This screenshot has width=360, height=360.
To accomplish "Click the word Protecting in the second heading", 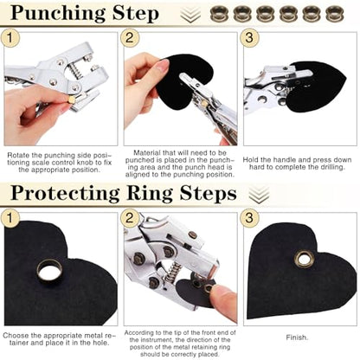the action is [65, 193].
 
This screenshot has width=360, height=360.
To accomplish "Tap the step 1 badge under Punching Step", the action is [10, 38].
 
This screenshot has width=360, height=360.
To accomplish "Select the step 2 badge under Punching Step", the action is [130, 38].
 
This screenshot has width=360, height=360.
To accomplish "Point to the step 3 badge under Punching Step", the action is [249, 38].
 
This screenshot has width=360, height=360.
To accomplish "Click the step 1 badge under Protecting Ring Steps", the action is [10, 218].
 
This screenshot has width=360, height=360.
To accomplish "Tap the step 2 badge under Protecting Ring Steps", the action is [130, 218].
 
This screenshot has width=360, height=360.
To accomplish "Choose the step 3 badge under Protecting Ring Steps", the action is [249, 218].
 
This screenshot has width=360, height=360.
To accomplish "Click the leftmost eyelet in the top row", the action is [219, 14].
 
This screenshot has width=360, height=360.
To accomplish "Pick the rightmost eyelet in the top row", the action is [335, 14].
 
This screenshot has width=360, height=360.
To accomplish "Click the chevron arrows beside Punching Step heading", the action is [190, 15].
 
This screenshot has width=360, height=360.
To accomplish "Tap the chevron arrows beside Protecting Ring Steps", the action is [259, 195].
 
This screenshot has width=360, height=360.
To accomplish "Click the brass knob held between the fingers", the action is [71, 100].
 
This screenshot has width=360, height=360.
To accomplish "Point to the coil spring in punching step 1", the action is [75, 71].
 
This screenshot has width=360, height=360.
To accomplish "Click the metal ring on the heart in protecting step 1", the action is [49, 270].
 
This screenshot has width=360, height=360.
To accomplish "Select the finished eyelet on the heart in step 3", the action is [304, 259].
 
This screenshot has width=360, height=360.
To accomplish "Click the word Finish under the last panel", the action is [297, 337].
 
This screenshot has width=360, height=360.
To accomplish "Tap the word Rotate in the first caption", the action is [18, 155].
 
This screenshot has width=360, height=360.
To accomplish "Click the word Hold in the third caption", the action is [250, 160].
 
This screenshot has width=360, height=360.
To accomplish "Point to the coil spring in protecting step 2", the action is [171, 274].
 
